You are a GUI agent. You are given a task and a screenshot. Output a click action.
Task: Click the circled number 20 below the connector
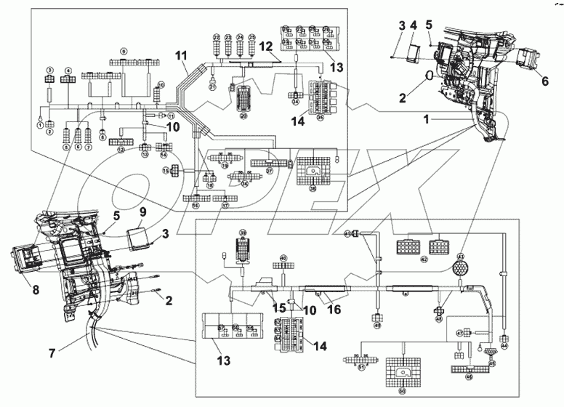point(243,116)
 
